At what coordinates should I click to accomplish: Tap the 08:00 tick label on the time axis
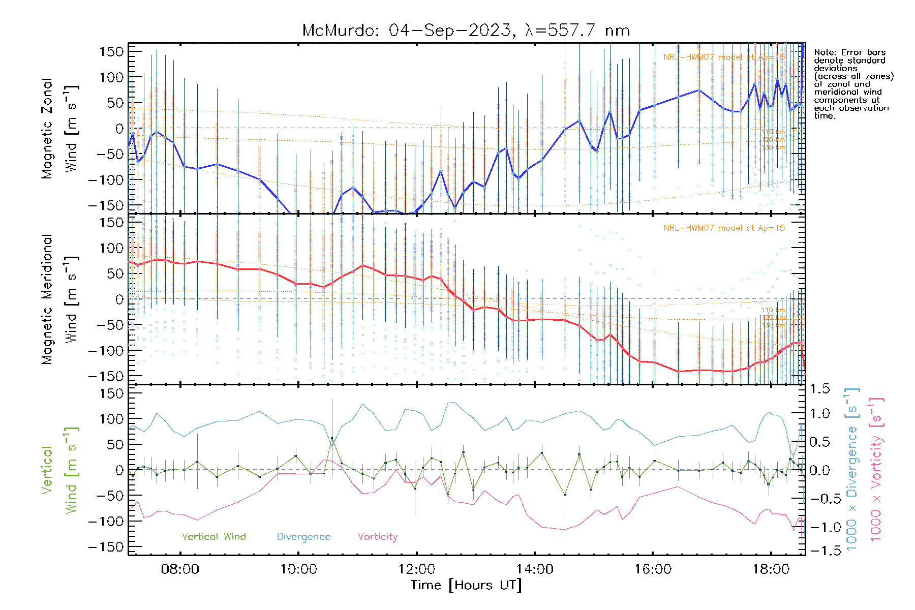[180, 569]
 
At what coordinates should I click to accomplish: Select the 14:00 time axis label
[534, 569]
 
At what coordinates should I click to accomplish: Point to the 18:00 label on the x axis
[771, 569]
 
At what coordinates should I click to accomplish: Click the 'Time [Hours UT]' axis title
[466, 586]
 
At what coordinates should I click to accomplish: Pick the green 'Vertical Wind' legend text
[213, 537]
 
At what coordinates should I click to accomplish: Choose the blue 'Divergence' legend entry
[303, 537]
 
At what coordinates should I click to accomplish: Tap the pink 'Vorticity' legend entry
[377, 537]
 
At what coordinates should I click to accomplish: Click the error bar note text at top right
[853, 84]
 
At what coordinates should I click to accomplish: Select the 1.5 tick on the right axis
[819, 389]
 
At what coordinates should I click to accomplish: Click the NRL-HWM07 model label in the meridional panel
[724, 228]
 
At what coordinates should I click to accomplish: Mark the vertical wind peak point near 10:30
[332, 438]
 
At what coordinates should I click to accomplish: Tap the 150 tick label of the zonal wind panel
[111, 52]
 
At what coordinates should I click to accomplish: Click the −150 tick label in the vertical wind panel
[106, 547]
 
